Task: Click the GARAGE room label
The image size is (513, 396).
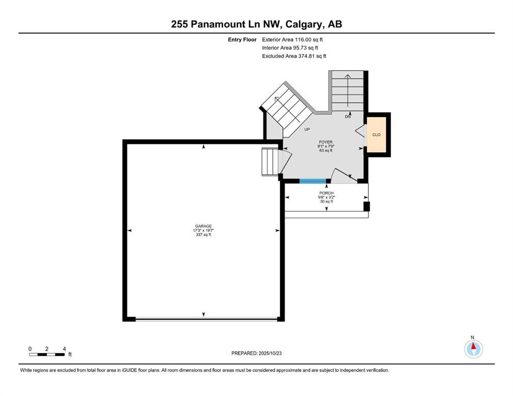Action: tap(204, 226)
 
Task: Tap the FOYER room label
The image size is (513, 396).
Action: tap(326, 142)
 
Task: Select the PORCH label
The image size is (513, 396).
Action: tap(327, 193)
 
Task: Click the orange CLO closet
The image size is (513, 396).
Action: tap(377, 135)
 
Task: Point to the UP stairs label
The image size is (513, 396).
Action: tap(307, 129)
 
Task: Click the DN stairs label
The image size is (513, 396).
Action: tap(348, 117)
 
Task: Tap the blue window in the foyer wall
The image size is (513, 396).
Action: tap(313, 181)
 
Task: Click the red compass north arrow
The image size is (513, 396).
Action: tap(473, 346)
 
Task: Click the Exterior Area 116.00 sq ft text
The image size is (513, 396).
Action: tap(292, 40)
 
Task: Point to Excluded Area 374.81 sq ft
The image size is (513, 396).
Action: tap(294, 56)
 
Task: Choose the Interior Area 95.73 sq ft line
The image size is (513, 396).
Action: tap(290, 47)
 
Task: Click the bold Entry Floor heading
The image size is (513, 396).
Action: tap(242, 40)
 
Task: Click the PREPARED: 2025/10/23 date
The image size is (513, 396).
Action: tap(256, 353)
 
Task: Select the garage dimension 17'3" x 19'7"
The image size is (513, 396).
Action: tap(204, 230)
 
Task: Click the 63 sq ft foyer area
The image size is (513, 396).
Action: tap(326, 151)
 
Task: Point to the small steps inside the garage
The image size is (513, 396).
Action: tap(270, 162)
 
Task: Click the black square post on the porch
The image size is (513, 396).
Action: tap(367, 206)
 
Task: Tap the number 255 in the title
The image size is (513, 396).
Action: tap(180, 24)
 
